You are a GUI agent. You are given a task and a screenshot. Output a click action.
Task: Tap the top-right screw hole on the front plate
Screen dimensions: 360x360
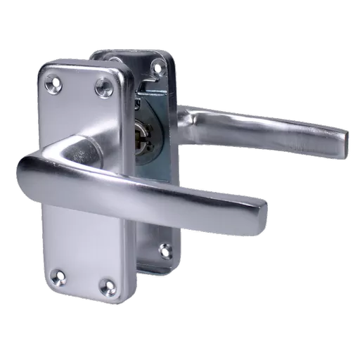tap(104, 87)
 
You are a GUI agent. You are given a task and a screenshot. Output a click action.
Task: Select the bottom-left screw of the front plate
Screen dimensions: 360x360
tap(59, 271)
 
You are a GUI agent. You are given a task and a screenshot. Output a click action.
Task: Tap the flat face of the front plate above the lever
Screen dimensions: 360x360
tap(79, 112)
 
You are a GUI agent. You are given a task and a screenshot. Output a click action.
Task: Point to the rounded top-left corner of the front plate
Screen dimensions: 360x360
tap(44, 68)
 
